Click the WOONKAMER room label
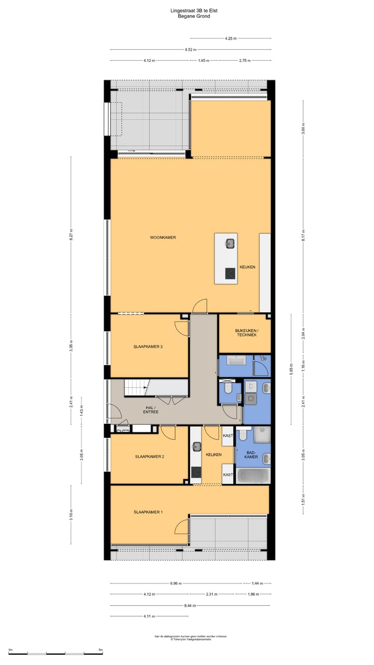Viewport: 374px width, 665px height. [x=163, y=237]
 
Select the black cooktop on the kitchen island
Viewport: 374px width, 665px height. [x=229, y=273]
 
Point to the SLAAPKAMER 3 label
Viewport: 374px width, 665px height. [x=149, y=347]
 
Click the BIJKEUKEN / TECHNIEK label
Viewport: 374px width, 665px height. [x=246, y=333]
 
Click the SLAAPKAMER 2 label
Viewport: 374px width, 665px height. [x=150, y=457]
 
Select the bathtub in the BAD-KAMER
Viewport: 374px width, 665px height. [x=253, y=475]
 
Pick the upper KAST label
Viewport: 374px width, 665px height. [x=228, y=436]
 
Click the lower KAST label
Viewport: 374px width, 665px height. [x=228, y=475]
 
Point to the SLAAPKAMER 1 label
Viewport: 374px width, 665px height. [x=148, y=512]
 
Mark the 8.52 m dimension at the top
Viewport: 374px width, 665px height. [x=190, y=49]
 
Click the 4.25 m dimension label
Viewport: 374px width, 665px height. [x=230, y=38]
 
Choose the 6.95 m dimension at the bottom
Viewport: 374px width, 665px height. [x=176, y=583]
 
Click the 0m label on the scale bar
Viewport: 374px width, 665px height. [x=10, y=650]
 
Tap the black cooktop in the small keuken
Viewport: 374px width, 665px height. [x=196, y=472]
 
